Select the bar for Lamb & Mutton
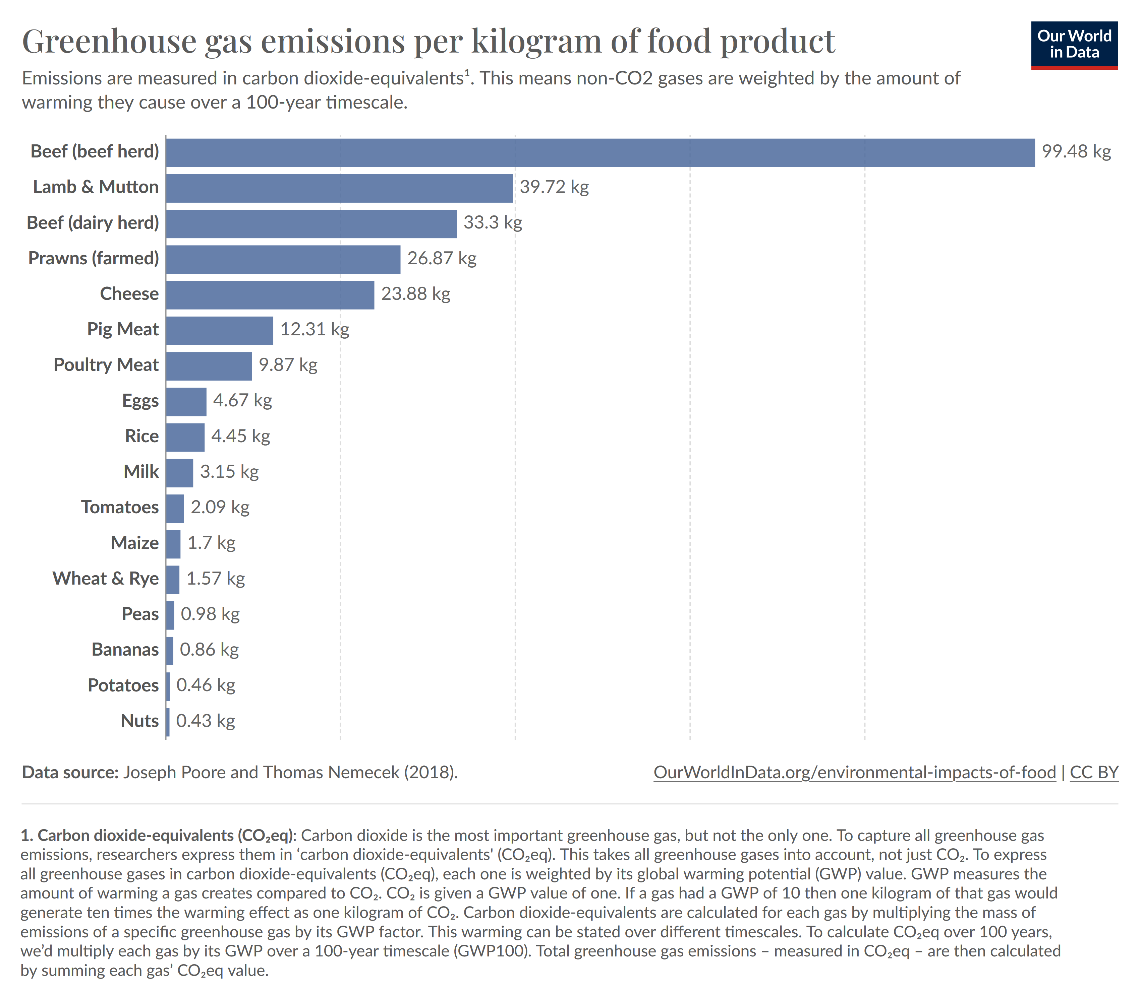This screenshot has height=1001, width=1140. coord(339,188)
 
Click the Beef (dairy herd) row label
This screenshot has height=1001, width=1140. coord(93,223)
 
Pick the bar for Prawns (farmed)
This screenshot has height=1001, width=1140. coord(283,259)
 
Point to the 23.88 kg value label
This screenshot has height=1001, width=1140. coord(415,294)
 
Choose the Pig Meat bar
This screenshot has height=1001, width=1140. coord(219,331)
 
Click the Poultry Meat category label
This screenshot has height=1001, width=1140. coord(106,365)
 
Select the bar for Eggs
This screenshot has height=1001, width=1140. coord(186,401)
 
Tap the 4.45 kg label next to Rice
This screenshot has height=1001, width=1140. coord(240,437)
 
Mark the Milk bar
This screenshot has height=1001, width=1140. coord(179,473)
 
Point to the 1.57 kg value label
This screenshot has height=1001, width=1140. coord(215,579)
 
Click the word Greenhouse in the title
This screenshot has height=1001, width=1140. coord(109,42)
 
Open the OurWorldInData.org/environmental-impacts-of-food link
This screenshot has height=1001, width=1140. coord(854,773)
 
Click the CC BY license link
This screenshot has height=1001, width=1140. coord(1094,773)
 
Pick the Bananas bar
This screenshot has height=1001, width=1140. coord(170,651)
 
